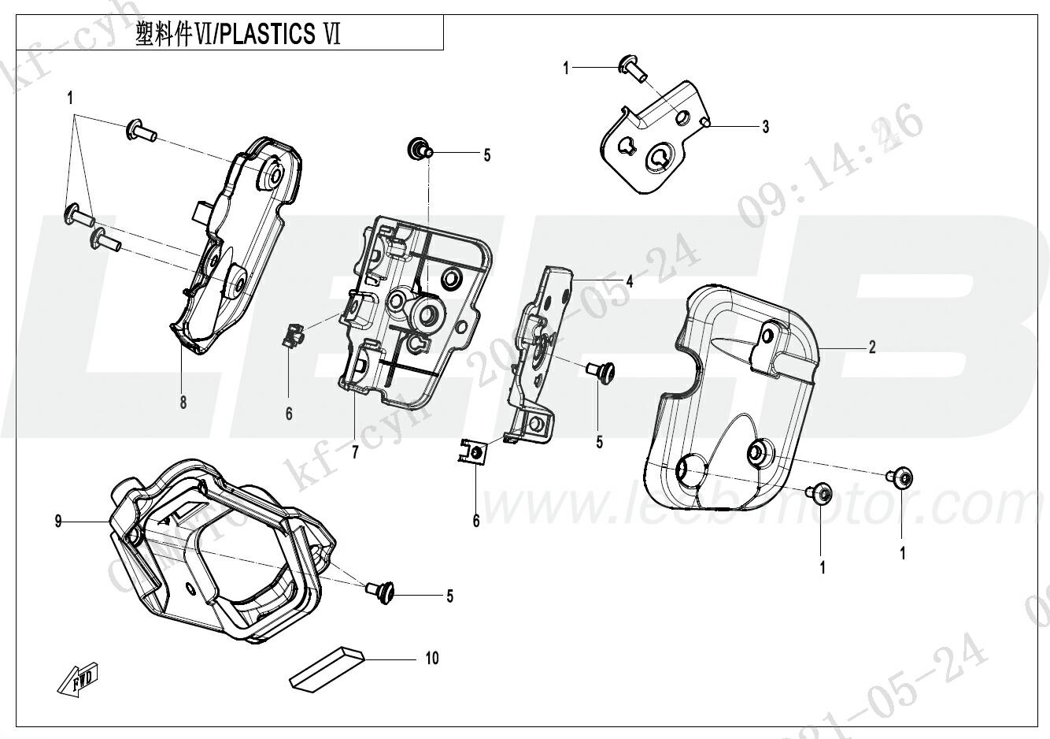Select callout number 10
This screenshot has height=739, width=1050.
[432, 658]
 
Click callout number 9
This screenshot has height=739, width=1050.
[58, 521]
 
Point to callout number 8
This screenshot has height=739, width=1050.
[183, 403]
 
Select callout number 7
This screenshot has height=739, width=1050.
[355, 452]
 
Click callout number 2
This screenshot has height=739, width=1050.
[872, 347]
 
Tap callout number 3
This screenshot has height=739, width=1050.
[765, 126]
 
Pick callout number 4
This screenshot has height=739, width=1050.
[629, 281]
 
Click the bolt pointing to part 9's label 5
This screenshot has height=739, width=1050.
[382, 592]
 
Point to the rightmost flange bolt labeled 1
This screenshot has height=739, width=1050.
[901, 477]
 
